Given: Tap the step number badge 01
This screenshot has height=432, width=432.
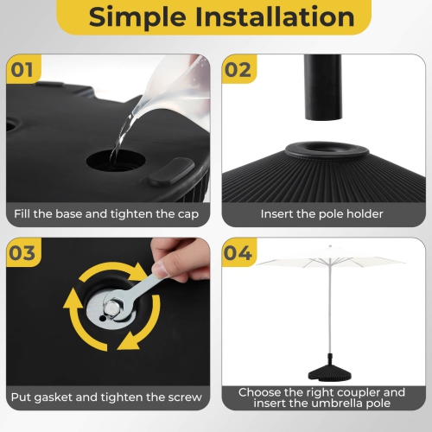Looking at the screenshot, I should [x=23, y=69].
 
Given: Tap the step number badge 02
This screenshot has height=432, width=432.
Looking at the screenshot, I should [x=239, y=69].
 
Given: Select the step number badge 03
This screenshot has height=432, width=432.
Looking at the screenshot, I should [x=23, y=252].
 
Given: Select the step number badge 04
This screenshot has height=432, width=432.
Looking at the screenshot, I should [x=239, y=252].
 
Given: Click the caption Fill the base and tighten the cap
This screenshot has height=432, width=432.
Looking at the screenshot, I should [x=106, y=213].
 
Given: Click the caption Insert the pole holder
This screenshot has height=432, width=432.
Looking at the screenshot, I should [x=321, y=213].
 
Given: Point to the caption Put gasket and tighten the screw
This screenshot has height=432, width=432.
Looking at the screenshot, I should [x=106, y=397].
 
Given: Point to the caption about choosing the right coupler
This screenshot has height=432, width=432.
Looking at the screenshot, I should [x=321, y=397].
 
